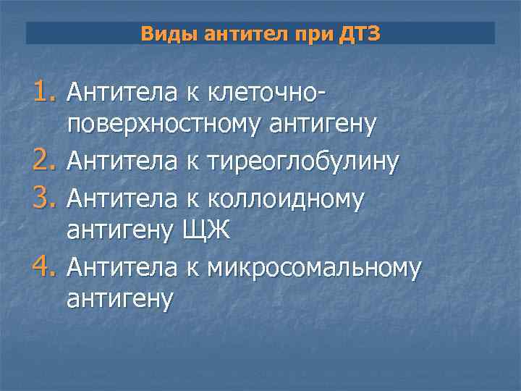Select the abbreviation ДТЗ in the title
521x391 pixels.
(357, 34)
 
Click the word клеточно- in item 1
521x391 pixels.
(265, 92)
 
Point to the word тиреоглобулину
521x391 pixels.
(302, 162)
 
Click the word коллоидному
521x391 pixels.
(285, 197)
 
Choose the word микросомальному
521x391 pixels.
(313, 268)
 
